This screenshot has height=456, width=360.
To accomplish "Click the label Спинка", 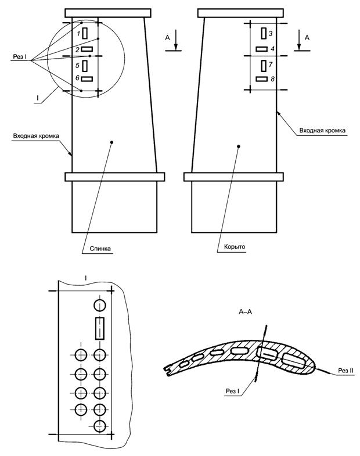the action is tap(100, 249).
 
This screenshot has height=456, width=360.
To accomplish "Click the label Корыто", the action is tap(235, 247).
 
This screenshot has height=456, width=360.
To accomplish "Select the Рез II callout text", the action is tap(345, 371).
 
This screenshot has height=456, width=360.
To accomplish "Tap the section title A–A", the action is tap(245, 312).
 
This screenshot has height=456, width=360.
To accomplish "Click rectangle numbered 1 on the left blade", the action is tap(85, 33).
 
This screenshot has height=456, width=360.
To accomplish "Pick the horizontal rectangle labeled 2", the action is tap(87, 49).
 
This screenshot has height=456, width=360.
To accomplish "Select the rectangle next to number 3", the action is tap(264, 33).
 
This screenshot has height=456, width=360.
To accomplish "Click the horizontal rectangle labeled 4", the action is tap(261, 49).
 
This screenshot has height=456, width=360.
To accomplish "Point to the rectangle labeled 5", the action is tap(85, 66).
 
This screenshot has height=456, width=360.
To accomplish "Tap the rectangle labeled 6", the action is tap(87, 79).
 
